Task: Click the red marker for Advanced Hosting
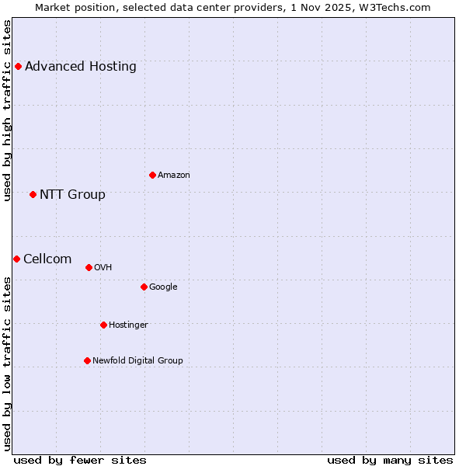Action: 18,67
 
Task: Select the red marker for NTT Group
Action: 33,195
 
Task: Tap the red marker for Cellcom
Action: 16,259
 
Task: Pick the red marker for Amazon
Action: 152,176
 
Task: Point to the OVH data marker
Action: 89,268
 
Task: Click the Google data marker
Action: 144,287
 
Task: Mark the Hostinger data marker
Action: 103,325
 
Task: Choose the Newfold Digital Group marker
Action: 87,361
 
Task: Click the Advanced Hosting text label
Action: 81,67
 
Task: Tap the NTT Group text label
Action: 72,195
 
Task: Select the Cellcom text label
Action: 47,259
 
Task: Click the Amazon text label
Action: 174,176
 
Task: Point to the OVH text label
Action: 103,268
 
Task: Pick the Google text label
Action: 163,287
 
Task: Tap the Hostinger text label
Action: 128,325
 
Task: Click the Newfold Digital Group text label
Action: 137,361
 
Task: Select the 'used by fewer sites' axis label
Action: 80,460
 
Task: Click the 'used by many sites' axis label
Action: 390,460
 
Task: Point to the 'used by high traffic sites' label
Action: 7,110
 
